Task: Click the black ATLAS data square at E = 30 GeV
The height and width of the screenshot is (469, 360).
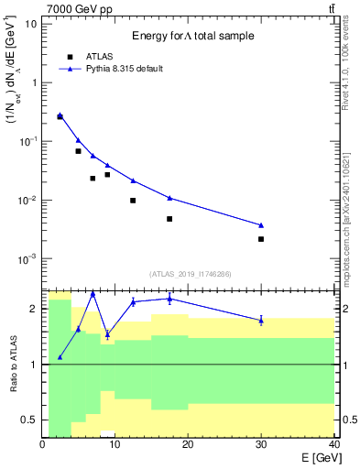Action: pos(261,239)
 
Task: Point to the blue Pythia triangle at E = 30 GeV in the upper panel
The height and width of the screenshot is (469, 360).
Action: pos(261,225)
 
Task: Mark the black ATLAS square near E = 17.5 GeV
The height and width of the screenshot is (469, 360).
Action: pos(169,219)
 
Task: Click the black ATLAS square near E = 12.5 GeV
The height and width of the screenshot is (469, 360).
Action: pos(133,201)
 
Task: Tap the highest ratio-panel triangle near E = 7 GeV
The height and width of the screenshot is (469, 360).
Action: pos(93,293)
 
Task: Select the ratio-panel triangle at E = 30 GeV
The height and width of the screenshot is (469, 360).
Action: pos(261,320)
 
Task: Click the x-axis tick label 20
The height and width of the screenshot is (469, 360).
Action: pos(188,445)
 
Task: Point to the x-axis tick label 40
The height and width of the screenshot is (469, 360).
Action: pos(333,445)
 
